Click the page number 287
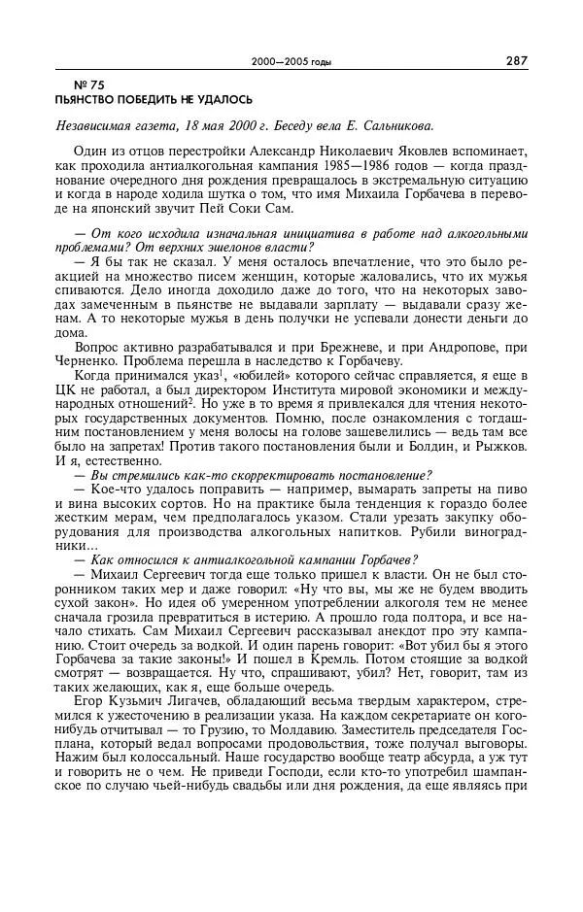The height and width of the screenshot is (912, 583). click(x=516, y=60)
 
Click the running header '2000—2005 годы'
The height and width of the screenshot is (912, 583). click(x=291, y=62)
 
